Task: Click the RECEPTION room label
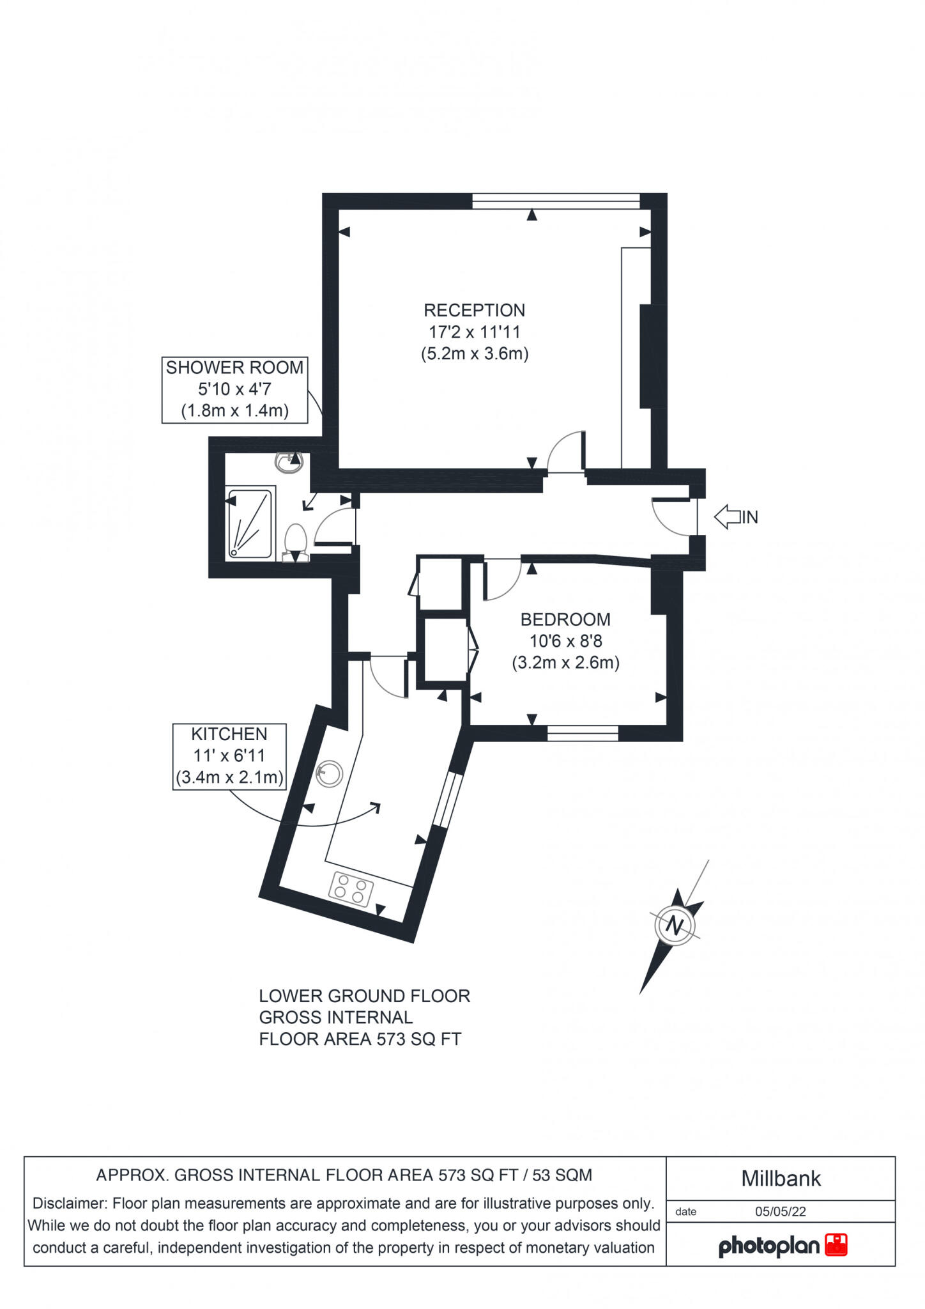click(474, 311)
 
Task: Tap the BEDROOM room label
click(565, 619)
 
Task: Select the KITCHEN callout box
click(229, 756)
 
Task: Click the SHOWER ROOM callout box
click(234, 389)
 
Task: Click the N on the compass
click(675, 925)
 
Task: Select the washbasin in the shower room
click(289, 461)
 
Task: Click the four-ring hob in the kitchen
click(351, 888)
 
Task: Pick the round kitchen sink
click(330, 773)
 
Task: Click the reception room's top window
click(556, 201)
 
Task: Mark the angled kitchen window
click(448, 799)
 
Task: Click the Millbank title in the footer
click(781, 1179)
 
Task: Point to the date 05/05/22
click(780, 1211)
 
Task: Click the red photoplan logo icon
click(836, 1244)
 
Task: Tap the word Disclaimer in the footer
click(69, 1204)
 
